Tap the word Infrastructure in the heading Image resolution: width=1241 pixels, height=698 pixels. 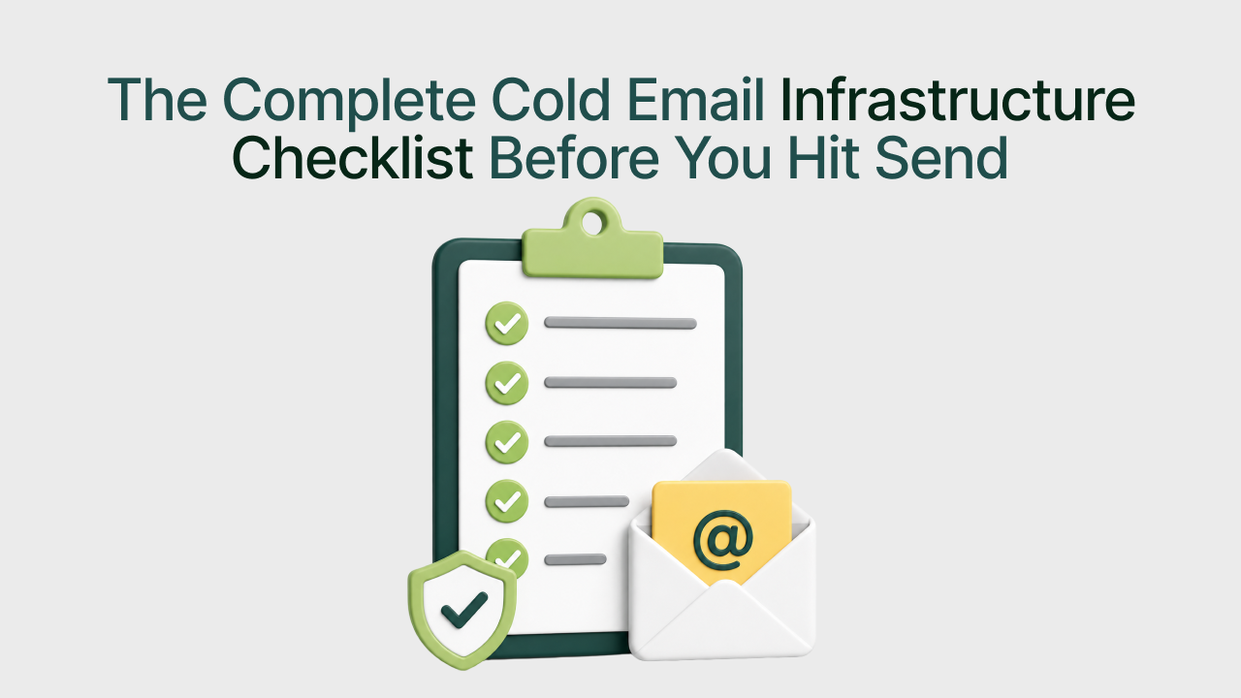click(x=958, y=99)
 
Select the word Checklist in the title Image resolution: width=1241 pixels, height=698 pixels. click(x=352, y=157)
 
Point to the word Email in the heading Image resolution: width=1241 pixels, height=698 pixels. click(x=696, y=99)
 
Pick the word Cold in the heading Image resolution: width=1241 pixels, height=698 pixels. click(x=551, y=99)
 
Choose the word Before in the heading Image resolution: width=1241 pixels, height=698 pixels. click(x=575, y=157)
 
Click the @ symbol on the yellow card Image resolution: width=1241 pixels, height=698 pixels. click(x=723, y=541)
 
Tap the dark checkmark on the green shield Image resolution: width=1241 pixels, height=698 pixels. click(x=464, y=610)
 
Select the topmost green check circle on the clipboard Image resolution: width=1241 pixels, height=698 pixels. click(x=507, y=324)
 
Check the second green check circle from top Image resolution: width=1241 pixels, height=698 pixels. click(x=507, y=383)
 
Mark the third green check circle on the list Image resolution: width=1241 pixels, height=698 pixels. click(x=507, y=442)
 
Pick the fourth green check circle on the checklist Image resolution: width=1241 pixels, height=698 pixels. click(x=507, y=501)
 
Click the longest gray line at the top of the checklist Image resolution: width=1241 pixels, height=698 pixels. click(x=620, y=324)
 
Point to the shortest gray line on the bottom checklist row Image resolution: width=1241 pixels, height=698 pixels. click(x=575, y=559)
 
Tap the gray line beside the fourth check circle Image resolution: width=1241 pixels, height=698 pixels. click(x=587, y=502)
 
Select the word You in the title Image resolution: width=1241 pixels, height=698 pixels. click(x=723, y=157)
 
